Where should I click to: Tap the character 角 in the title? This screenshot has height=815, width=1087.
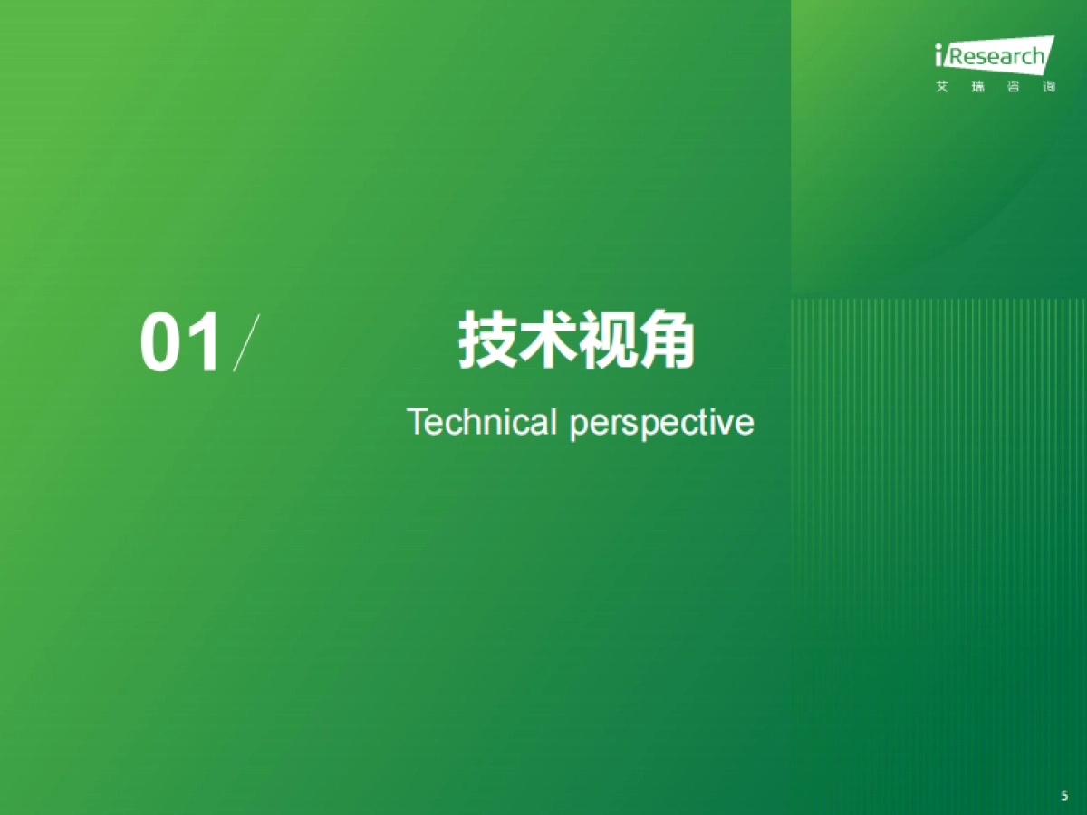[x=666, y=340]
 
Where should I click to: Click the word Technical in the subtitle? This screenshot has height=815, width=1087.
[x=482, y=422]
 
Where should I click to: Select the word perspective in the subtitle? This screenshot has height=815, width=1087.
[x=661, y=424]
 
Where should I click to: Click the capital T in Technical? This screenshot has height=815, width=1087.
[x=416, y=422]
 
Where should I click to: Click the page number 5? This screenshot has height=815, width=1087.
[x=1064, y=795]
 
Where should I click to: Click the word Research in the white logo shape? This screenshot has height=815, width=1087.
[x=996, y=57]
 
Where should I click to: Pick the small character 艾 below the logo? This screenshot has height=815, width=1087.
[x=942, y=88]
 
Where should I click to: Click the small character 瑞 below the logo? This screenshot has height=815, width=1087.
[x=977, y=88]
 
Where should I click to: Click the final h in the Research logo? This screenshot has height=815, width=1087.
[x=1038, y=57]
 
